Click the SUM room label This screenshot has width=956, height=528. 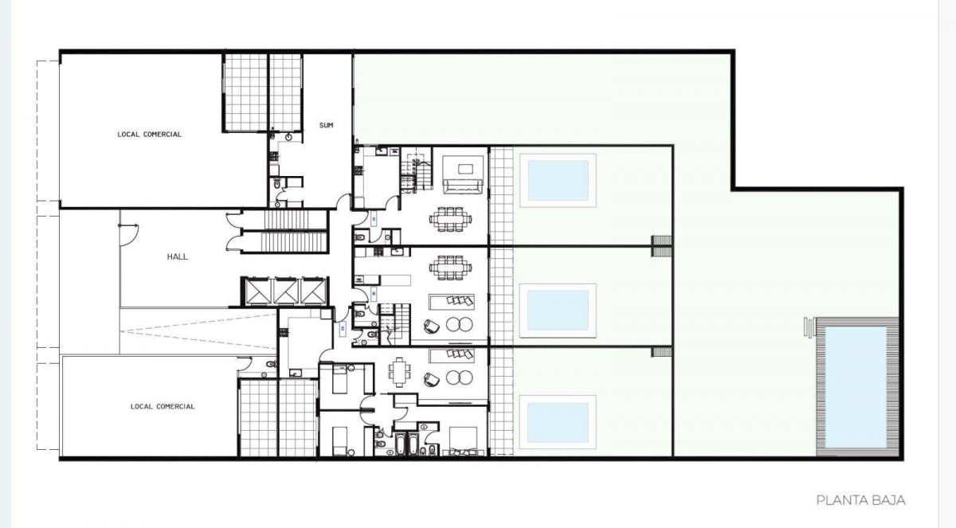click(326, 125)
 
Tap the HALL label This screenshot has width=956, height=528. click(177, 256)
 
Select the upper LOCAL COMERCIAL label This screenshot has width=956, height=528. click(150, 135)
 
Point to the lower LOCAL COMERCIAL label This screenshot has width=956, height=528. click(163, 406)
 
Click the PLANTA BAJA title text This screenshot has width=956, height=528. click(860, 500)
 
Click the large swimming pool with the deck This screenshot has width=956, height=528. click(856, 387)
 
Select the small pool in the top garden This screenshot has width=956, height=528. click(558, 181)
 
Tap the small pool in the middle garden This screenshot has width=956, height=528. click(558, 311)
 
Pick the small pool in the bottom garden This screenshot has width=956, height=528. click(558, 422)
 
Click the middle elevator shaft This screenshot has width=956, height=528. click(285, 291)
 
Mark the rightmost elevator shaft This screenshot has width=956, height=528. click(314, 291)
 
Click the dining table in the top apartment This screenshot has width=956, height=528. click(451, 219)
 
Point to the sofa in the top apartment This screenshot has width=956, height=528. click(463, 187)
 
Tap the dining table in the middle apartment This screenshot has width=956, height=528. click(451, 268)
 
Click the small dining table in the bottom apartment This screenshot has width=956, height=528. click(399, 373)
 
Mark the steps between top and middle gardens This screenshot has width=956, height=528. click(661, 246)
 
